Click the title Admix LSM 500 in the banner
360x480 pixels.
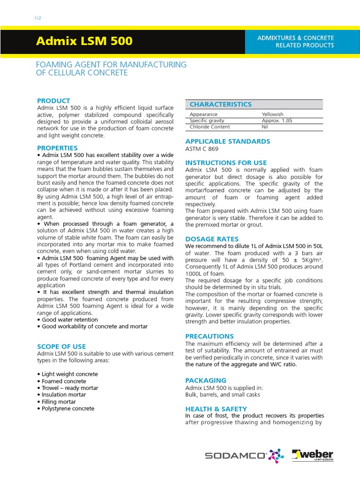(84, 41)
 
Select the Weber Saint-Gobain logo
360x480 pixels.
(313, 455)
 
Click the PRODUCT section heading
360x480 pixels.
(53, 101)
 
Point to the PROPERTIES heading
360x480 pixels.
(57, 148)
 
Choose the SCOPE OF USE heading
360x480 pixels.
(61, 346)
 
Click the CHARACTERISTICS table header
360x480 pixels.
(220, 105)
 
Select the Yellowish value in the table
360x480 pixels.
(272, 114)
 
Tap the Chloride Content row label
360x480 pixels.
(210, 127)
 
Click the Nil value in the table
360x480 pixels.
(264, 127)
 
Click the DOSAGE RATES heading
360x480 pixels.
(212, 239)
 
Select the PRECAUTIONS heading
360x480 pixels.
(210, 337)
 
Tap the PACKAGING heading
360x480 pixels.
(206, 381)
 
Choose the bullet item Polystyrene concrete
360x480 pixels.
(67, 409)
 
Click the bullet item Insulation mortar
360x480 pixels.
(63, 395)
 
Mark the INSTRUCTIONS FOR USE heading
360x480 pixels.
(226, 163)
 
